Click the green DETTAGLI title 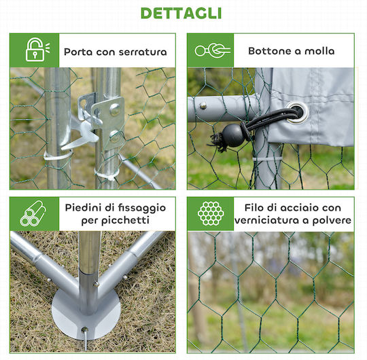pos(181,14)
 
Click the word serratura pos(143,52)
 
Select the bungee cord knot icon pos(213,50)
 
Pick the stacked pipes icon pos(33,213)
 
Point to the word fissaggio pos(141,209)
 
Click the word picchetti pos(125,221)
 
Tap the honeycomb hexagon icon pos(211,213)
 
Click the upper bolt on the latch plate pos(115,109)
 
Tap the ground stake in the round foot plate pos(85,339)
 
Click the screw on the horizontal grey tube pos(203,106)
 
